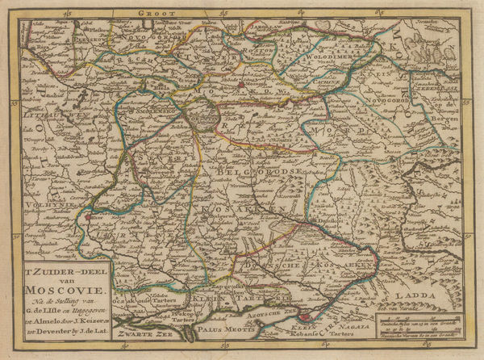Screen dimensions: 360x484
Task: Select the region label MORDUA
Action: click(347, 128)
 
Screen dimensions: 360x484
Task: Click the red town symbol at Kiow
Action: click(87, 216)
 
